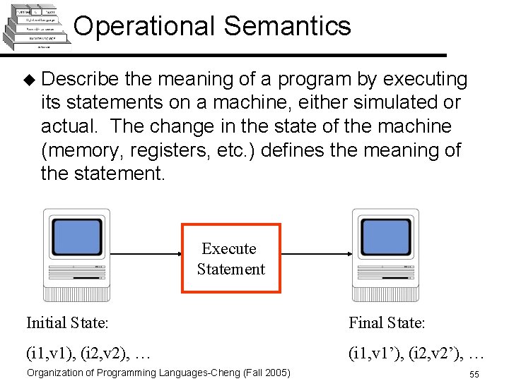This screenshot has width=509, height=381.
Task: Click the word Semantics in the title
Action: click(x=287, y=26)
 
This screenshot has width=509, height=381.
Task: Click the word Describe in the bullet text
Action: click(x=85, y=78)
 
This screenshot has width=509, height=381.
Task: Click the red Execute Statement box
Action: click(x=231, y=258)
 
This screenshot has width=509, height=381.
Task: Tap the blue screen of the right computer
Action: click(x=387, y=239)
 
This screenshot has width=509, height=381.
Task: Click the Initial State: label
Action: click(x=67, y=323)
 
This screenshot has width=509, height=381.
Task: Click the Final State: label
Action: click(x=387, y=323)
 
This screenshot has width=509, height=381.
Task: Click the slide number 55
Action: click(x=474, y=373)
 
